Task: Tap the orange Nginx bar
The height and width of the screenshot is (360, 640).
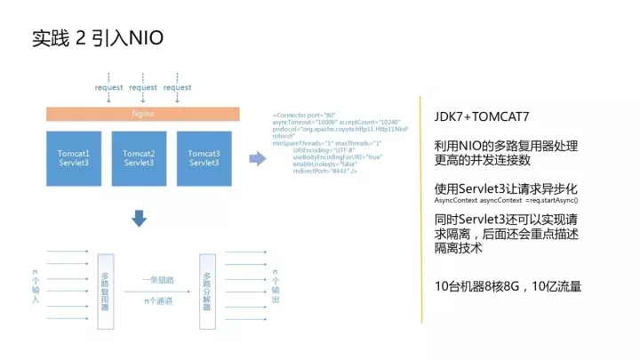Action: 143,115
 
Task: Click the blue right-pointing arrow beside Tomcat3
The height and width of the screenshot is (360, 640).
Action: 256,158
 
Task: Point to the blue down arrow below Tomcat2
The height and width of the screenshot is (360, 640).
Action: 140,217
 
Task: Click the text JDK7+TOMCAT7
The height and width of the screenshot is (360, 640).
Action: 481,117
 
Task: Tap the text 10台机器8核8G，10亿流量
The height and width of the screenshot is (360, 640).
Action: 508,286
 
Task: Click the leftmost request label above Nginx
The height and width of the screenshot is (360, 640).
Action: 108,88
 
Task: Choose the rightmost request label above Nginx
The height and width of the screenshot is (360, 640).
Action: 177,88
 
